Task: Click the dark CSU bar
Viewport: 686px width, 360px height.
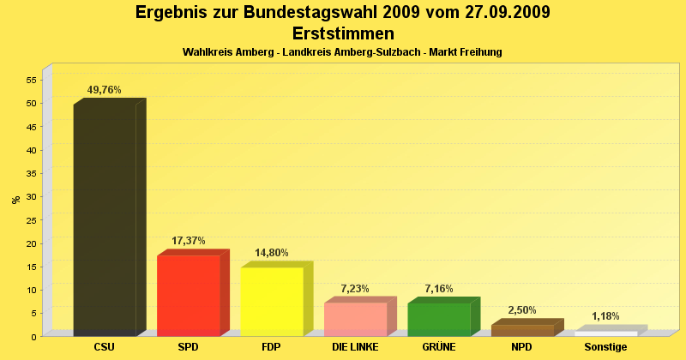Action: click(x=105, y=219)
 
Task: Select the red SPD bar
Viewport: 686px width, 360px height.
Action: click(x=189, y=295)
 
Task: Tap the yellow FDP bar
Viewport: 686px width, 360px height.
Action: click(x=272, y=301)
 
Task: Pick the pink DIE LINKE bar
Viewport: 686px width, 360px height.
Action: click(x=355, y=318)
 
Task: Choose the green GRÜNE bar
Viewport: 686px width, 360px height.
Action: click(x=439, y=319)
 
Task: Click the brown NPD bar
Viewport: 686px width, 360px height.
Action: click(x=522, y=330)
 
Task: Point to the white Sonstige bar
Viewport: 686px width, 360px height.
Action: click(x=605, y=333)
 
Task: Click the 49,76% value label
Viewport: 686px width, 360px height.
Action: click(x=105, y=90)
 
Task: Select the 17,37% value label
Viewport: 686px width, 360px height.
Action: click(x=189, y=241)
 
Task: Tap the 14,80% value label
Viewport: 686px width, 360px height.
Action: click(x=272, y=253)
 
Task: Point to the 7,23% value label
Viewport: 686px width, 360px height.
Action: click(x=355, y=289)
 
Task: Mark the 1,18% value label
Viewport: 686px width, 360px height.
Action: click(x=605, y=316)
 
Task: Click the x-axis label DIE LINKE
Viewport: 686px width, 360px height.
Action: click(x=355, y=347)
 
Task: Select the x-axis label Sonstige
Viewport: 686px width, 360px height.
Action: click(x=605, y=347)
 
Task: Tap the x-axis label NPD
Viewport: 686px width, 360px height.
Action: click(x=522, y=347)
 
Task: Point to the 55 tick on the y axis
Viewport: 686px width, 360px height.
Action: click(x=31, y=80)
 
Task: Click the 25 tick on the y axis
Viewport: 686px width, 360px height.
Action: click(x=31, y=220)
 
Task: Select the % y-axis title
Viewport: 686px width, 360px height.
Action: click(x=15, y=200)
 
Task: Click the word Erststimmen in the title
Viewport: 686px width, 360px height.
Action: click(x=343, y=33)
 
